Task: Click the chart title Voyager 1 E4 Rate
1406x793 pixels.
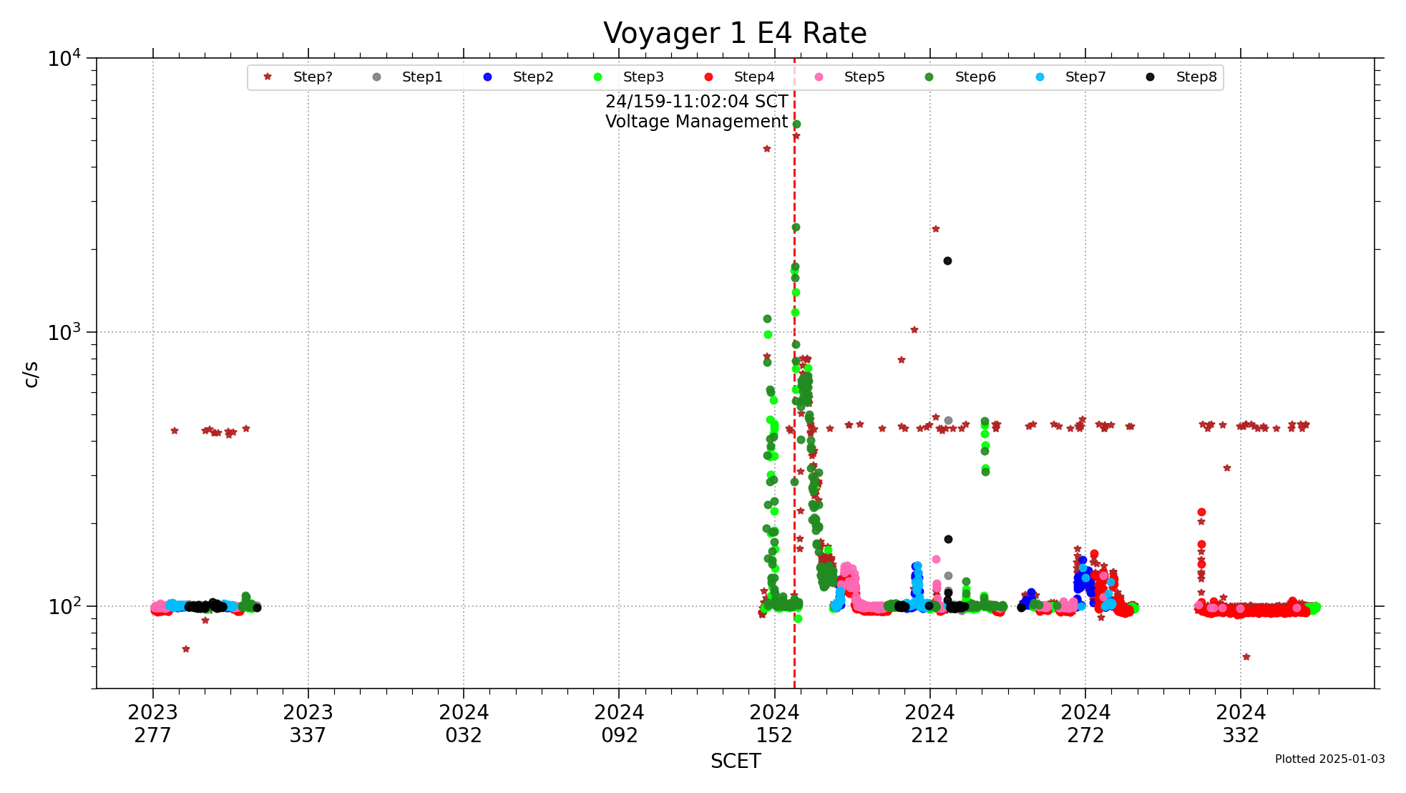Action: click(x=735, y=34)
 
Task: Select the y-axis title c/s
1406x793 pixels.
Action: click(x=31, y=374)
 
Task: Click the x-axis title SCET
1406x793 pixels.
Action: click(x=735, y=762)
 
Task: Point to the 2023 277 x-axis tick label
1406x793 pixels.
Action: click(x=152, y=724)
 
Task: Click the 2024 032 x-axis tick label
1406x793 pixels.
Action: click(x=464, y=724)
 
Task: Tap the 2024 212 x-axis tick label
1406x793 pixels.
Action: click(x=929, y=724)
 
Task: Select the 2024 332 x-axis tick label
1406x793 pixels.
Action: click(x=1241, y=724)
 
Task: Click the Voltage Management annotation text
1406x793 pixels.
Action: click(x=696, y=122)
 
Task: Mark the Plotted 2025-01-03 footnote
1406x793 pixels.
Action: click(x=1329, y=759)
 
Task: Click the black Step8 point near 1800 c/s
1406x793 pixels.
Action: click(x=947, y=261)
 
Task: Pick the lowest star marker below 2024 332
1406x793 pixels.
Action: click(x=1246, y=657)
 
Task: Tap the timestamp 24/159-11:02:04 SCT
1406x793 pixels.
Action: click(x=696, y=102)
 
